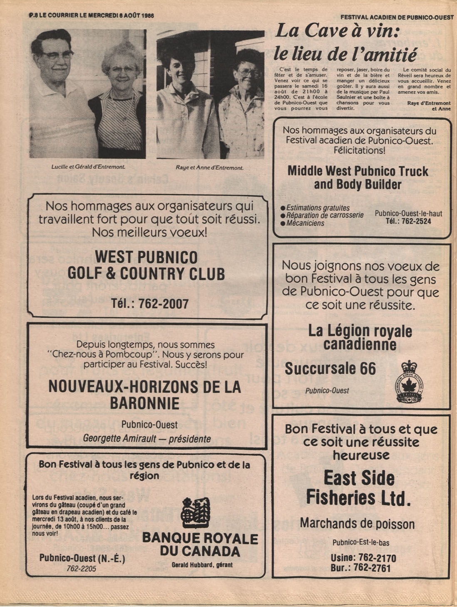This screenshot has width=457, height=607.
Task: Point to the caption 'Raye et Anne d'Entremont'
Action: pyautogui.click(x=210, y=167)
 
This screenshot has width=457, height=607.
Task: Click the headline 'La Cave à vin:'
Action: pyautogui.click(x=338, y=30)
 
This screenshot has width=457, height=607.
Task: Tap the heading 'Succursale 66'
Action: pyautogui.click(x=330, y=368)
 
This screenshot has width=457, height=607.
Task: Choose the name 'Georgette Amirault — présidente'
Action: pyautogui.click(x=147, y=439)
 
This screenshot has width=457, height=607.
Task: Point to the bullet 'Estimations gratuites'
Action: pyautogui.click(x=318, y=207)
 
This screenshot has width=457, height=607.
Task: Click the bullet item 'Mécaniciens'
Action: pyautogui.click(x=305, y=223)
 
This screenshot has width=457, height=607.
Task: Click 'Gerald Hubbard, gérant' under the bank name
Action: pyautogui.click(x=202, y=565)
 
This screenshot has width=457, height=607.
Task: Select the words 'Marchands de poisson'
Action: pyautogui.click(x=357, y=523)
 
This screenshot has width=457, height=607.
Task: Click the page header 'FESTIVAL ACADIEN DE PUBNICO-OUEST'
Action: pyautogui.click(x=397, y=17)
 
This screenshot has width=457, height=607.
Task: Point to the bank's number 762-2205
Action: pyautogui.click(x=82, y=568)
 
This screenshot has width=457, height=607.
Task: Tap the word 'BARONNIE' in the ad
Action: pyautogui.click(x=144, y=403)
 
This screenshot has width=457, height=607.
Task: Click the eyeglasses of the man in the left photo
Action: pyautogui.click(x=57, y=55)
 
